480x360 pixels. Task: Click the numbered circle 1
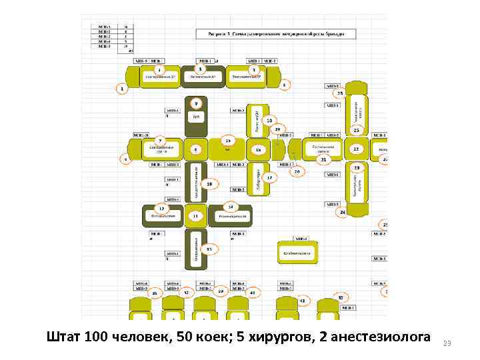(x=122, y=88)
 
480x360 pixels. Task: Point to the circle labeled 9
(x=196, y=103)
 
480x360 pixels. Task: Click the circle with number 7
(x=160, y=140)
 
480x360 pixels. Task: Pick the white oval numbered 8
(x=196, y=150)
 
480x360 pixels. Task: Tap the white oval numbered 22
(x=356, y=149)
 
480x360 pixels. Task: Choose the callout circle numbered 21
(x=323, y=160)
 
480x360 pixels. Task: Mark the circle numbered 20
(x=297, y=171)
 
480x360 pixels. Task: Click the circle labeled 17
(x=269, y=178)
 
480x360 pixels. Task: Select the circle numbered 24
(x=342, y=212)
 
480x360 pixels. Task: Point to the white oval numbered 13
(x=196, y=216)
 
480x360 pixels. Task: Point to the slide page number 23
(x=447, y=343)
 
